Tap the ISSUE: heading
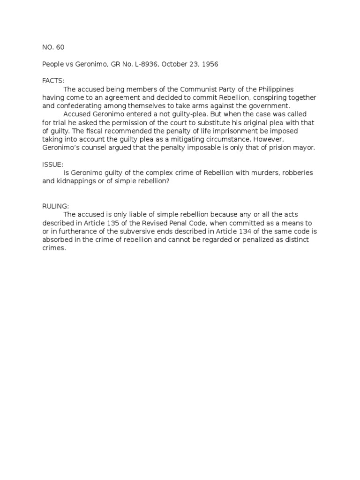(x=52, y=165)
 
